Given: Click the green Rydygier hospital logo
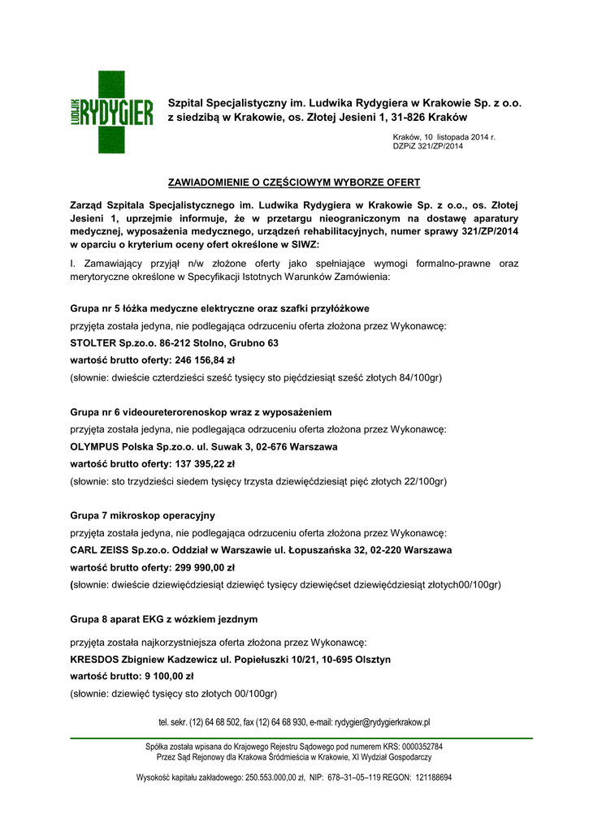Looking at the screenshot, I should coord(111,112).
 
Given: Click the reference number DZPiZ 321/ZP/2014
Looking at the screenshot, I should coord(427,147).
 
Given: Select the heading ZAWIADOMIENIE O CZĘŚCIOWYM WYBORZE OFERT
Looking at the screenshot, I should coord(293,182).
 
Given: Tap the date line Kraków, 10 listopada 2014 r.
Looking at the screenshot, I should coord(444,137).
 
